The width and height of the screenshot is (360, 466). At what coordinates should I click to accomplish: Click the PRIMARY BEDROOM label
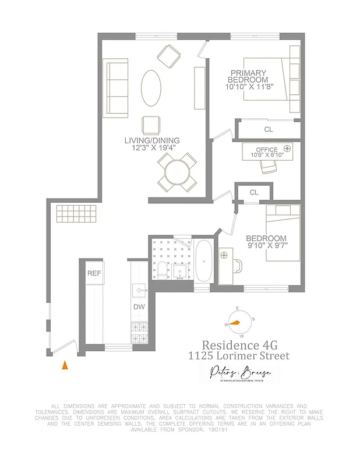249,76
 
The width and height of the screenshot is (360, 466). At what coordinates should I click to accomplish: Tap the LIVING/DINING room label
151,140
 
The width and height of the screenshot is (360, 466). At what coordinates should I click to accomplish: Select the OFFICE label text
267,150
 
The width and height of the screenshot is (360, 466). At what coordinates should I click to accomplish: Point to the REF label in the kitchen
94,273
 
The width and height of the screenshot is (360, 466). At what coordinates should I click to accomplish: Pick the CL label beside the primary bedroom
269,129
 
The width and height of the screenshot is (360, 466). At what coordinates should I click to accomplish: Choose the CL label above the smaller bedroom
254,192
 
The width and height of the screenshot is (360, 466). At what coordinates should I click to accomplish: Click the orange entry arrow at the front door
65,365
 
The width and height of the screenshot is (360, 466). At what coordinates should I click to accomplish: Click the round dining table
177,172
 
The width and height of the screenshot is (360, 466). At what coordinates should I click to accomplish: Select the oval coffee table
151,88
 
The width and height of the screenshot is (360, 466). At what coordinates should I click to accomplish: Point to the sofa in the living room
115,80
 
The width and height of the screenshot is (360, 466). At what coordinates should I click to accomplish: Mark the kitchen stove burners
140,333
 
